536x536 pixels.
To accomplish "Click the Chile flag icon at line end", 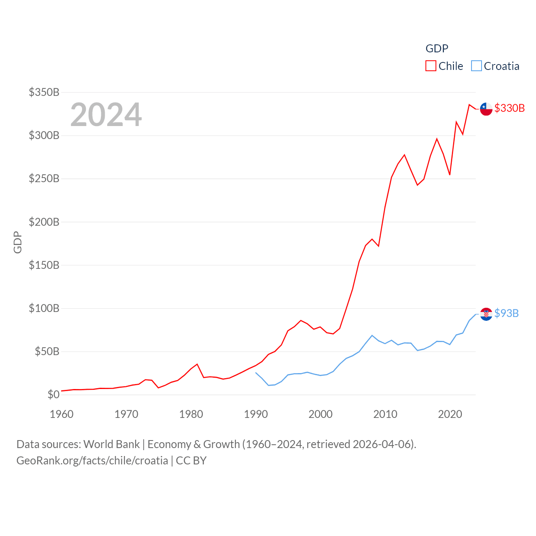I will pos(486,109).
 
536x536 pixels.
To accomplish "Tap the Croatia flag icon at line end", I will pos(486,314).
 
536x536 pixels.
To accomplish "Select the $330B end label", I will pos(509,108).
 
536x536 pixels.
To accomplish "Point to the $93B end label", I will pos(506,313).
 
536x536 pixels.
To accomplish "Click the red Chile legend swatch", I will pos(431,66).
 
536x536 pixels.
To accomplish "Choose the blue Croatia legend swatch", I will pos(477,66).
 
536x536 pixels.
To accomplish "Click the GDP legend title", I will pos(437,49).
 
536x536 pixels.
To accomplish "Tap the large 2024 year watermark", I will pos(106,115).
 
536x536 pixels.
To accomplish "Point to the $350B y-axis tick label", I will pos(44,92).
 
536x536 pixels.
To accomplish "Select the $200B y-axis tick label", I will pos(44,222).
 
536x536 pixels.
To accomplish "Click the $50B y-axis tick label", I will pos(47,351).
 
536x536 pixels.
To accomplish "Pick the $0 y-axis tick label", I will pos(53,394).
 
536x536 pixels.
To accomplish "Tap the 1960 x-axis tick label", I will pos(62,414).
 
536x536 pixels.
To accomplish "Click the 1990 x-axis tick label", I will pos(256,414).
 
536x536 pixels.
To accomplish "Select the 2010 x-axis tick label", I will pos(385,414).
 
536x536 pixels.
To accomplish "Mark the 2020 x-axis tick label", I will pos(450,414).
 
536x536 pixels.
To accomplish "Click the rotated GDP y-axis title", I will pos(18,242).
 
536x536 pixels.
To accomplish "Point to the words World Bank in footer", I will pos(111,444).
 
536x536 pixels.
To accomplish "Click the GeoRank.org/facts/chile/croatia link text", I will pos(92,461).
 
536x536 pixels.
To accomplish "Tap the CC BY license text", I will pos(191,461).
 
